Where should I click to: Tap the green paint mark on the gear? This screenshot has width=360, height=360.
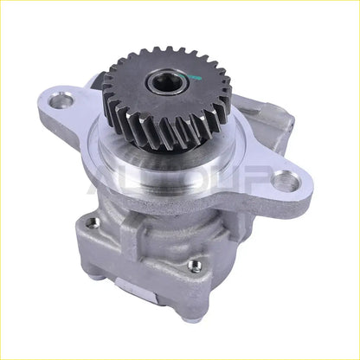tap(196, 80)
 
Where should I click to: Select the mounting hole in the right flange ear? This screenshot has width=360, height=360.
tap(283, 183)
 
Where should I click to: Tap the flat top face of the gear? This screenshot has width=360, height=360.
tap(138, 78)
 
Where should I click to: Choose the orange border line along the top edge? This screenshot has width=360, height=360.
tap(180, 3)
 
